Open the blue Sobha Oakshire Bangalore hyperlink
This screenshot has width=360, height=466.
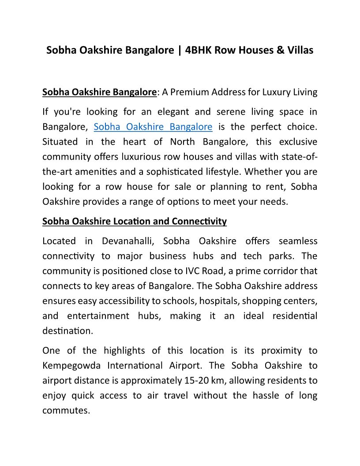[x=153, y=127]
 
